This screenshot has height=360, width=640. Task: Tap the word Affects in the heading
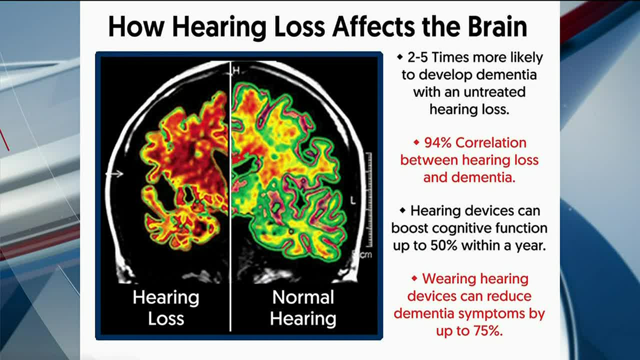click(x=373, y=26)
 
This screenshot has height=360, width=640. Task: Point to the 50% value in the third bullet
click(x=443, y=245)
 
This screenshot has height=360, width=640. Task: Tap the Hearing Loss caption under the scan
click(x=166, y=307)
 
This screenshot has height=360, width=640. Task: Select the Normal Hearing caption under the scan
click(x=303, y=308)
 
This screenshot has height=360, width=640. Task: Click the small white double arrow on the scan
click(x=114, y=173)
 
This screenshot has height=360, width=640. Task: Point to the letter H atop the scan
click(x=236, y=70)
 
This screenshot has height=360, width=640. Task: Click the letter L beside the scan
click(x=353, y=200)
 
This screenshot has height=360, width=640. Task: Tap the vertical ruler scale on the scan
click(x=369, y=199)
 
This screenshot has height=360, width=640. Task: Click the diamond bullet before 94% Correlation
click(x=416, y=142)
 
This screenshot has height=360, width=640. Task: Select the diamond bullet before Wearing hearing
click(x=414, y=278)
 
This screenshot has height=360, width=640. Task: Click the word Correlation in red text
click(x=491, y=142)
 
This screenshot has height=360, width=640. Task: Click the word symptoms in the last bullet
click(x=491, y=313)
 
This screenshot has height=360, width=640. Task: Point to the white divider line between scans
click(x=230, y=196)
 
